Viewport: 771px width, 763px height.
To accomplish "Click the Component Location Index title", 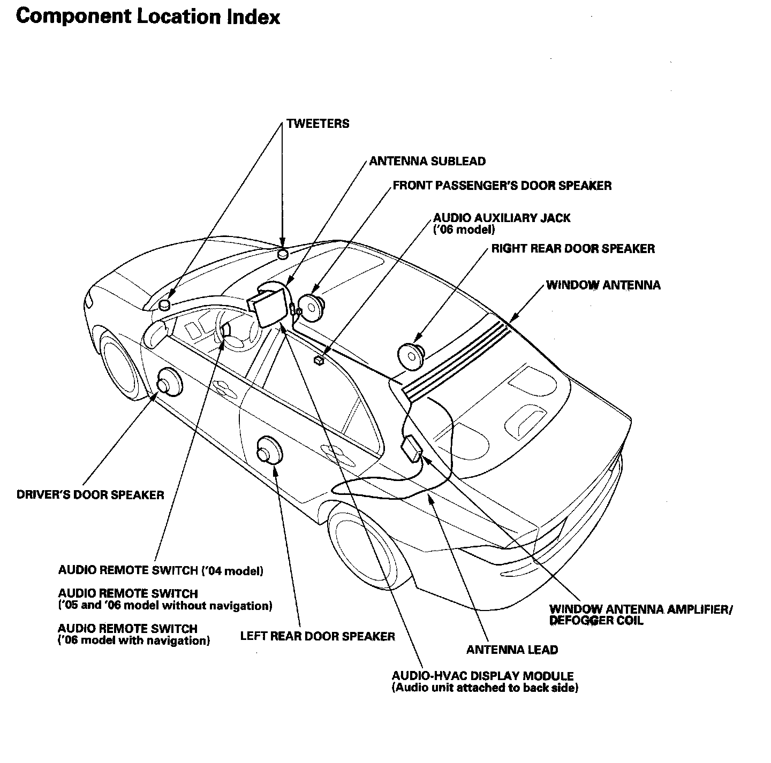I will (x=148, y=17).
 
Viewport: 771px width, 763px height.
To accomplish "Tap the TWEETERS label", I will (x=318, y=124).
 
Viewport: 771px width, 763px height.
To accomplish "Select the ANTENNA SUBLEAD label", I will (x=427, y=161).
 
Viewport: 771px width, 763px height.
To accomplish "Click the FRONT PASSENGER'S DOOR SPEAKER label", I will (x=502, y=186).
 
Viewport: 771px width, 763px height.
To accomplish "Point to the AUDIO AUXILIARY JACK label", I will (x=501, y=218).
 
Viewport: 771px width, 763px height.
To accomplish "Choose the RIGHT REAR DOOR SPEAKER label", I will (x=573, y=249).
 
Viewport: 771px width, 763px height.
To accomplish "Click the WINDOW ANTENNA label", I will (x=603, y=285).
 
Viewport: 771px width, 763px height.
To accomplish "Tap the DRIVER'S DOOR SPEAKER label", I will (x=90, y=494).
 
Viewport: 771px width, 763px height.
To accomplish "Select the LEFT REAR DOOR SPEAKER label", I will (x=318, y=636).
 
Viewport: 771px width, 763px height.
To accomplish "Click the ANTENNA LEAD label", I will (x=512, y=650).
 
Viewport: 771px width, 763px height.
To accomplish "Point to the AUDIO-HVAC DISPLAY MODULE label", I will (x=482, y=676).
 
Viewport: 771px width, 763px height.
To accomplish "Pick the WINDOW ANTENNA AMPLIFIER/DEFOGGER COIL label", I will (x=640, y=615).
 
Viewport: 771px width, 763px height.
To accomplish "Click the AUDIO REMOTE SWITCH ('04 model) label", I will (x=161, y=570).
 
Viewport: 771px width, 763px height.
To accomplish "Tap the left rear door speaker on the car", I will (x=269, y=452).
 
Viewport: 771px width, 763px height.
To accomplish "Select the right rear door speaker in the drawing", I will (x=411, y=354).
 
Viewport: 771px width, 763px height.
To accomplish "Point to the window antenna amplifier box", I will (x=413, y=448).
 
